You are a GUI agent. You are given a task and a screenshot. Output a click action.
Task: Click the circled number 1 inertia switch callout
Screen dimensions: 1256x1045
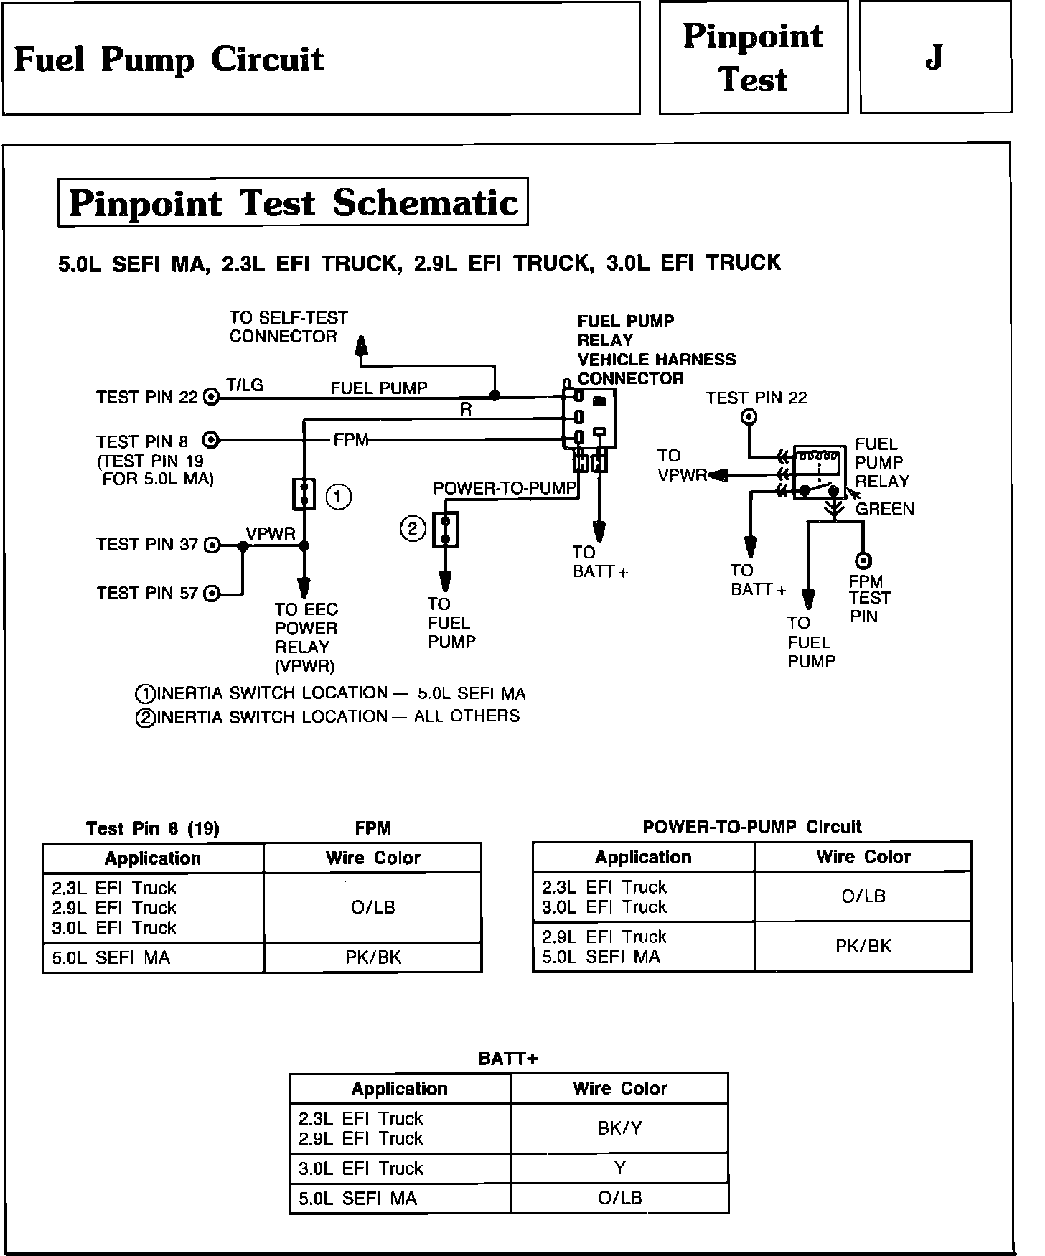pos(339,497)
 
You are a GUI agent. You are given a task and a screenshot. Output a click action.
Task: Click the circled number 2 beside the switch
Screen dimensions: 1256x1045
pos(413,530)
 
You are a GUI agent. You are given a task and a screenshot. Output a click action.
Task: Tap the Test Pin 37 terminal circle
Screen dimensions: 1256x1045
pos(212,545)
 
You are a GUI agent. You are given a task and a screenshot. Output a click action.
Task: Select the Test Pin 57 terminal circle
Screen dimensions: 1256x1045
pos(212,594)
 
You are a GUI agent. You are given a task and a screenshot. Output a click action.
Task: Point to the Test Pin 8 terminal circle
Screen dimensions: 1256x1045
pos(212,440)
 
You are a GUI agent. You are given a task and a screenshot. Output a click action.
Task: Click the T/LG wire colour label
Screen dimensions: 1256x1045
pos(245,385)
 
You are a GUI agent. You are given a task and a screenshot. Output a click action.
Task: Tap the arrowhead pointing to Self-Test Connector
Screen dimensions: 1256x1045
pos(362,346)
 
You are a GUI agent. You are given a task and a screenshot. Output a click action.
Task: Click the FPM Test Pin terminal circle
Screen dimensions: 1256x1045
pos(864,561)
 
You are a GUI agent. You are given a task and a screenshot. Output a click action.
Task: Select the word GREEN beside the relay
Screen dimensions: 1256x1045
pos(885,509)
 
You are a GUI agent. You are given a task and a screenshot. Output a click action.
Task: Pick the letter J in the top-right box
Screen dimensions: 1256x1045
pos(934,57)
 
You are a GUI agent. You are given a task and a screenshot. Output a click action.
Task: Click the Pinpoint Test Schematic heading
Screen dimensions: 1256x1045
pos(293,202)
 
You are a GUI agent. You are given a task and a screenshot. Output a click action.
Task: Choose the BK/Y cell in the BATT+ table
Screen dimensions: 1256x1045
pos(619,1128)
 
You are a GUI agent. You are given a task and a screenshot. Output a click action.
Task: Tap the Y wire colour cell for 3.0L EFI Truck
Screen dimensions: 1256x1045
pos(619,1168)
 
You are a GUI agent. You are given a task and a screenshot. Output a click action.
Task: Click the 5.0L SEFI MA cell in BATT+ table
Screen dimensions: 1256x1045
pos(357,1199)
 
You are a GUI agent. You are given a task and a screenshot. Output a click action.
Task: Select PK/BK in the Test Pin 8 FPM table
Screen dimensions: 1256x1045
pos(372,957)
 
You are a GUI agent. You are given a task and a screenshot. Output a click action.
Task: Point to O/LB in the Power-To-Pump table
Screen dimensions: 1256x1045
pos(863,896)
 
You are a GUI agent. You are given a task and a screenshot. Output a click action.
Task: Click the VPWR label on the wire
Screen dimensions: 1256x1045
pos(271,534)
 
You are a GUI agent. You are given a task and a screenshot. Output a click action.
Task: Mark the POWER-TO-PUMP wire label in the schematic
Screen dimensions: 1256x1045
pos(505,489)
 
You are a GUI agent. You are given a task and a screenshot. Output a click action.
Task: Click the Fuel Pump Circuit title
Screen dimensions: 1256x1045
pos(169,59)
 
